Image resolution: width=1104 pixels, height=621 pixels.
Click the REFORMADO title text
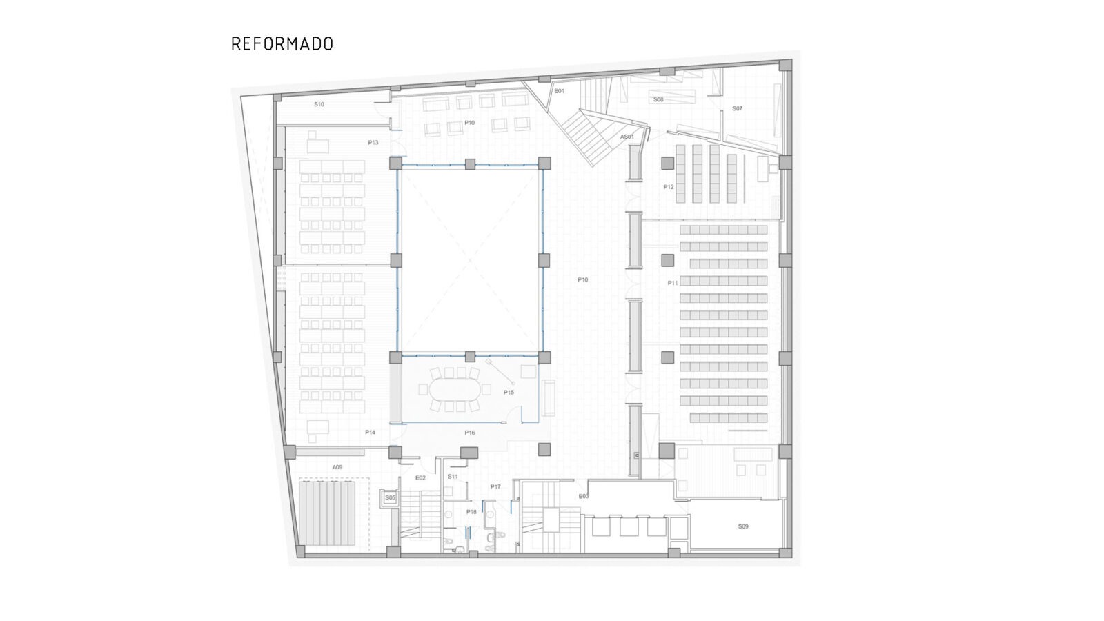282,44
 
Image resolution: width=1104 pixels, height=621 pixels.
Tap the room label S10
319,105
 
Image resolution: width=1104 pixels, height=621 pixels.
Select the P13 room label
373,143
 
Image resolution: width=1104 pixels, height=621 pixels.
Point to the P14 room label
371,433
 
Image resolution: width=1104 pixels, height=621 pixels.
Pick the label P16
470,433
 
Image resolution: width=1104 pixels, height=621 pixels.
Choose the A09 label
337,468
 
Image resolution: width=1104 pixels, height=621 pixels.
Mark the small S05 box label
391,497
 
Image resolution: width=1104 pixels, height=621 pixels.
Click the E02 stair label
421,478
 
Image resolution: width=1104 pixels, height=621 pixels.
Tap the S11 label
453,477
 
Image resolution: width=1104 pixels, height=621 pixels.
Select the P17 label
495,487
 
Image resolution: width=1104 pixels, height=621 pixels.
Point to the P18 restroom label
471,512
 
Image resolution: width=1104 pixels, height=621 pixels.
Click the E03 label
584,497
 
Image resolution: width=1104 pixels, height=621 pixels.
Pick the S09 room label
743,526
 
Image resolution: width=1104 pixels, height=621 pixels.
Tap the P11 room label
673,283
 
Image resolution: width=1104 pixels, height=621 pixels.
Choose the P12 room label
669,187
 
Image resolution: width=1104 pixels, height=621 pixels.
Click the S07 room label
738,109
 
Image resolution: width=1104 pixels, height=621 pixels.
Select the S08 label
658,100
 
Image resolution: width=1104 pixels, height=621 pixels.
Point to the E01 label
560,91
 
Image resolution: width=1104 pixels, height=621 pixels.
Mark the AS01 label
627,137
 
